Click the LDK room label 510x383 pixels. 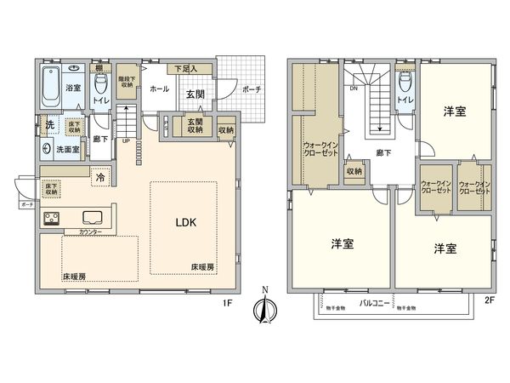[186, 224]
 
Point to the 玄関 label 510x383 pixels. [195, 94]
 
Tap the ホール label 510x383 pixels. [159, 88]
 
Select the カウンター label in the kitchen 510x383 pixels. [90, 232]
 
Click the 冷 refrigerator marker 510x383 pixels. [100, 178]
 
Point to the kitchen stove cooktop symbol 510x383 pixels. [50, 216]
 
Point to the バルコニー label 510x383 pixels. [373, 302]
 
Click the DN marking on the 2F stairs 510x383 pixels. [353, 88]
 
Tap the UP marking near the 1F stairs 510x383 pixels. [127, 140]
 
